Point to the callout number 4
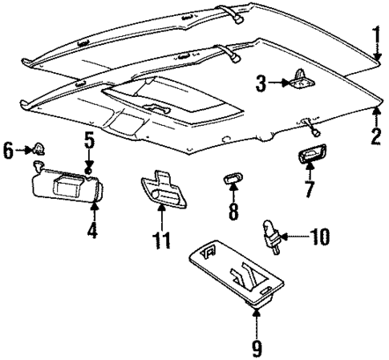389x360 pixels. click(93, 232)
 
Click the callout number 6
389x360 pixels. click(8, 148)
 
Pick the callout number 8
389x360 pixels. click(233, 213)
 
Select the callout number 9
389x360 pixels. click(257, 347)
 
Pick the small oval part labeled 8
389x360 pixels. click(232, 178)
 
